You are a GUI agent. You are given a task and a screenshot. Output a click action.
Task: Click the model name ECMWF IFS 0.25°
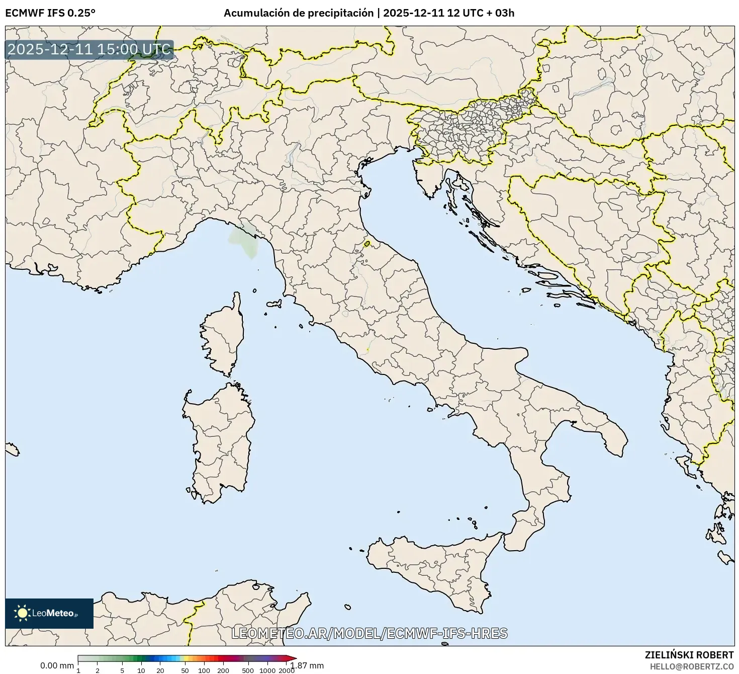click(50, 13)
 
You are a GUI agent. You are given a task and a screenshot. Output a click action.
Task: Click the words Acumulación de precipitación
click(299, 13)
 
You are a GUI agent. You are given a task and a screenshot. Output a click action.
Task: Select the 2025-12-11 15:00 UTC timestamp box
click(89, 50)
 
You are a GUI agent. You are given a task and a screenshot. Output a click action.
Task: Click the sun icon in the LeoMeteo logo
click(22, 613)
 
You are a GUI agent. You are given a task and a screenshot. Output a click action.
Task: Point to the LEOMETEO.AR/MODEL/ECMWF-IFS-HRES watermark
click(369, 633)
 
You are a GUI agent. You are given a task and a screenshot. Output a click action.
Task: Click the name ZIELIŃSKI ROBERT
click(689, 655)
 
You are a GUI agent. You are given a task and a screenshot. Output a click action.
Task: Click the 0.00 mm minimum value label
click(57, 665)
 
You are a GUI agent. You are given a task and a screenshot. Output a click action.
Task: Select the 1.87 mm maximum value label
click(307, 665)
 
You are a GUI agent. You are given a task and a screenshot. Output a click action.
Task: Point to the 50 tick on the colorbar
click(185, 670)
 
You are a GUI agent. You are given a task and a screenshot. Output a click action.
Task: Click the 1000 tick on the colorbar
click(267, 670)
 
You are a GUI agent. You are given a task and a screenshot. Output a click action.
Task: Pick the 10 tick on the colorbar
click(141, 670)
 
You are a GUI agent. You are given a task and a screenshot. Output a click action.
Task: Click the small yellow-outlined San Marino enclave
click(367, 244)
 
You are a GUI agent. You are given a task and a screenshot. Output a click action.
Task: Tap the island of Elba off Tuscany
click(274, 304)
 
